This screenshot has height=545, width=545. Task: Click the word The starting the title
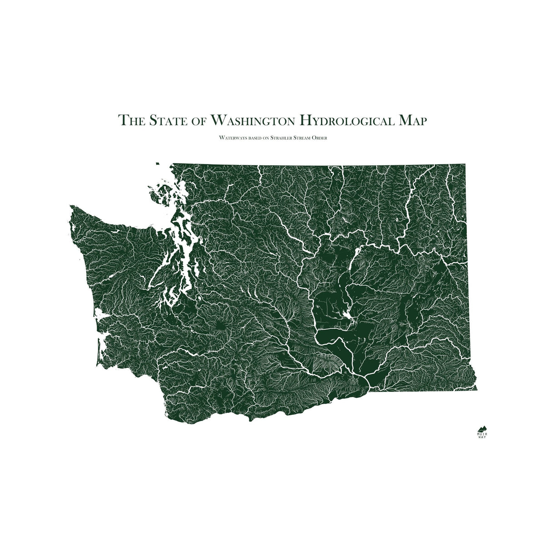[x=131, y=120]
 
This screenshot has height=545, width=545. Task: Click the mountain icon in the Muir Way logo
[x=482, y=428]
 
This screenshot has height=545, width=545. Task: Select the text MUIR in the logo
[x=482, y=434]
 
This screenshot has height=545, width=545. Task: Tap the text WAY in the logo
[x=482, y=438]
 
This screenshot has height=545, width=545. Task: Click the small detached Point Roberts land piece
[x=158, y=164]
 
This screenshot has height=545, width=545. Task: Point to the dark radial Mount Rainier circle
[x=221, y=325]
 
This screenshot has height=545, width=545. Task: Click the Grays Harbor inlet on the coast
[x=101, y=314]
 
